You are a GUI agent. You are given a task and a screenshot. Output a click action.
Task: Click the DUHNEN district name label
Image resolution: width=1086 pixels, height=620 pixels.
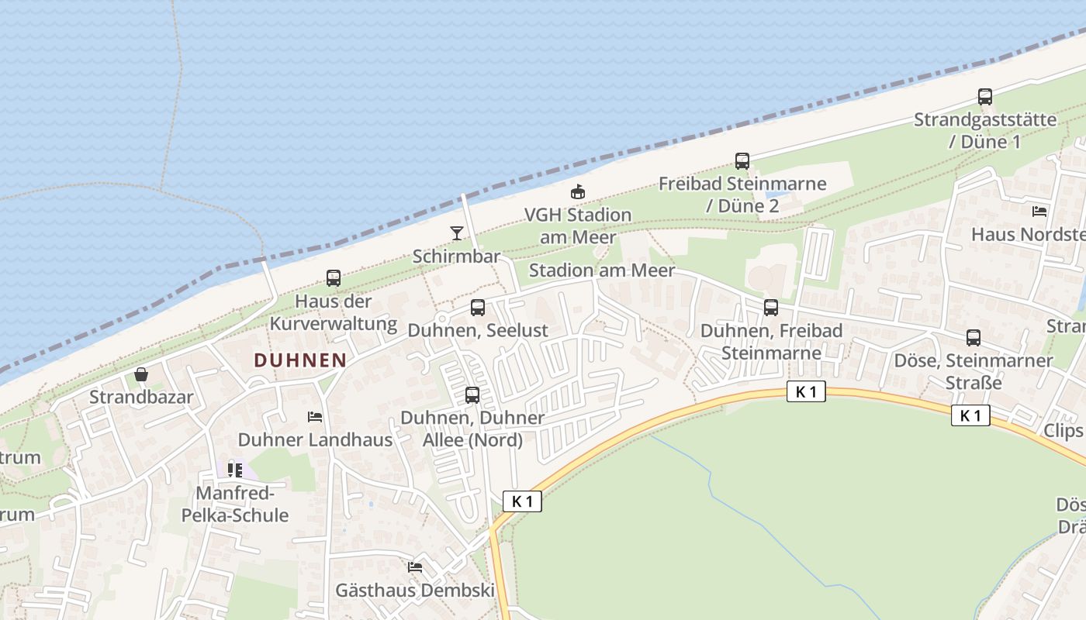tap(299, 360)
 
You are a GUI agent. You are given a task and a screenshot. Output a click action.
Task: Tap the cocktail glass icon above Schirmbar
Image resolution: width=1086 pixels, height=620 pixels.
tap(456, 232)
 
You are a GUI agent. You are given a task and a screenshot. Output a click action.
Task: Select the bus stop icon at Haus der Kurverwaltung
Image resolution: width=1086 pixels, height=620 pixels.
tap(334, 277)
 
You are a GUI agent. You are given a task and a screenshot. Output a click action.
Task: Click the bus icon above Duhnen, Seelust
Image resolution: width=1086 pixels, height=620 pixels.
tap(478, 307)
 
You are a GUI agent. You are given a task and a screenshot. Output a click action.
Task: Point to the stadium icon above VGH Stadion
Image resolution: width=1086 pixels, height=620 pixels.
tap(577, 191)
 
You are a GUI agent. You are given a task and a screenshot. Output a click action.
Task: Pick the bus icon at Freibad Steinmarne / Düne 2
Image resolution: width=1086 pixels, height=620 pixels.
tap(742, 161)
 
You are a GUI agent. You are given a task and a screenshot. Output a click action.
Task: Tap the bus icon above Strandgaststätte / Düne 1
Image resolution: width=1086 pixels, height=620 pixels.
tap(984, 97)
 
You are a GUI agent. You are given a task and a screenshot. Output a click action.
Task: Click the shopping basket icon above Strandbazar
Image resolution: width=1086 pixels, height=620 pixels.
tap(141, 375)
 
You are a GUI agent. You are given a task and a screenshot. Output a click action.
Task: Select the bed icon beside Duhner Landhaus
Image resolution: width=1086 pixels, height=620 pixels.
tap(315, 417)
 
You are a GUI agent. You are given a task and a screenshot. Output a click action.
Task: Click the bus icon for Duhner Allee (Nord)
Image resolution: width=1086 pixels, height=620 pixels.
tap(472, 395)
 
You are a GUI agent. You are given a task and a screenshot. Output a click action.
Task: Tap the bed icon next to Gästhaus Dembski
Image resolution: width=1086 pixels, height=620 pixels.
tap(415, 567)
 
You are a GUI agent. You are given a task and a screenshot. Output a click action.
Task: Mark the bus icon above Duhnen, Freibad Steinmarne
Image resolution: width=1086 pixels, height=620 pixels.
tap(771, 307)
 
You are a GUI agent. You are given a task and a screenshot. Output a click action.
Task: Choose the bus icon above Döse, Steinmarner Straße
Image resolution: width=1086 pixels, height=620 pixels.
tap(974, 338)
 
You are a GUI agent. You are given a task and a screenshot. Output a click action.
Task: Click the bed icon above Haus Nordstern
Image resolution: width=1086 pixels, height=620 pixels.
tap(1039, 211)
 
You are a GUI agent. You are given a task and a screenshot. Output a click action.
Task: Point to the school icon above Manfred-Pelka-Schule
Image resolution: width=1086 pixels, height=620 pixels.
tap(235, 470)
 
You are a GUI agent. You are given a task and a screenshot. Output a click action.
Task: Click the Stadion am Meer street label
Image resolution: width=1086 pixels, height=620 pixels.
tap(602, 270)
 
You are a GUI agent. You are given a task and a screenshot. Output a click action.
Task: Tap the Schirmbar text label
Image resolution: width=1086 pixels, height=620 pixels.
tap(456, 256)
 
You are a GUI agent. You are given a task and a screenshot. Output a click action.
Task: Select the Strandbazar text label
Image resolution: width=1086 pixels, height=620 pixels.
tap(141, 398)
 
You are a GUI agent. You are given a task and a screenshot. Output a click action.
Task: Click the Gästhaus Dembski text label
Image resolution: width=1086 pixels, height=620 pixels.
tap(415, 590)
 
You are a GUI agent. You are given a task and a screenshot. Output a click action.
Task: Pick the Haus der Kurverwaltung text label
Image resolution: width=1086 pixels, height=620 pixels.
tap(334, 312)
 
